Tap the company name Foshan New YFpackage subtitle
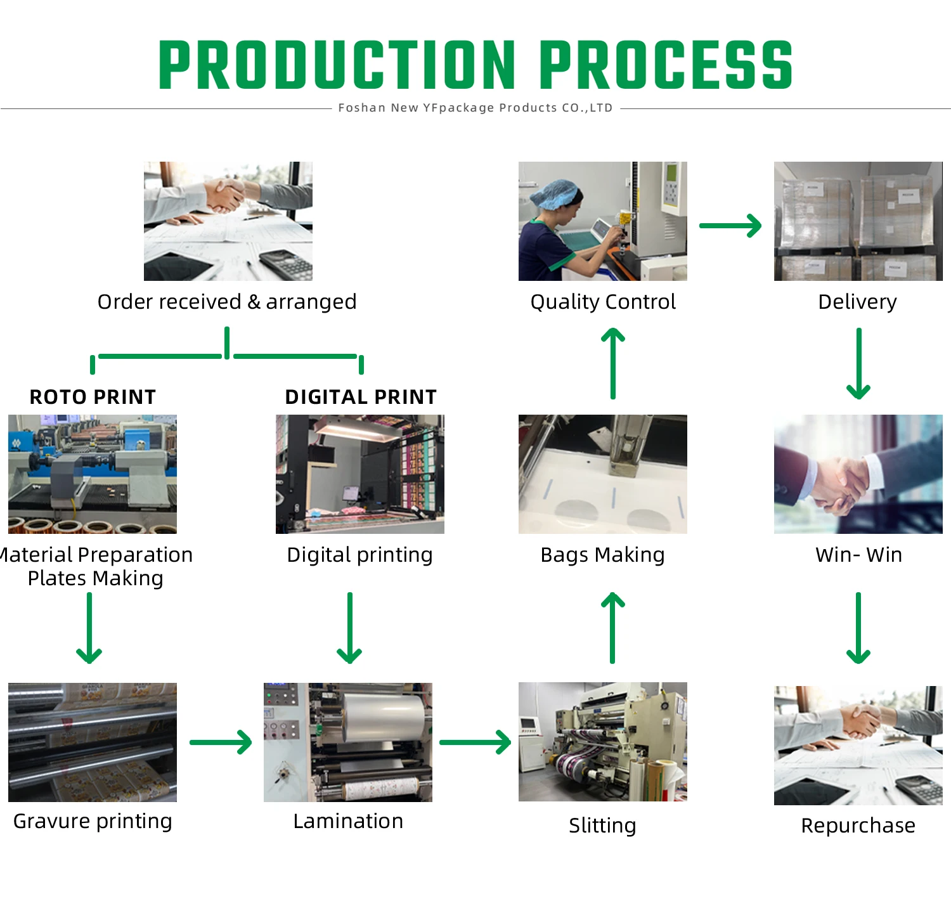coord(475,108)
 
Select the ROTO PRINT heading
coord(93,397)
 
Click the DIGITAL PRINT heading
coord(361,397)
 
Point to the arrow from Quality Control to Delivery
coord(730,226)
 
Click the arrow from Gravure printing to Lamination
coord(221,742)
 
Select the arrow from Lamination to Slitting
coord(475,742)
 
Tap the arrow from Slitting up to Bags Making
coord(612,628)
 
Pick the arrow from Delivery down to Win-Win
coord(858,363)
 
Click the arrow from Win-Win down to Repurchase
coord(858,628)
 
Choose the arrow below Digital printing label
coord(349,628)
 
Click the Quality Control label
coord(603,302)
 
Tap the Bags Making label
coord(602,555)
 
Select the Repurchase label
coord(858,826)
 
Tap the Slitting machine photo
coord(602,742)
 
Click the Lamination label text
coord(348,821)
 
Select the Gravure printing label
coord(93,821)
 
